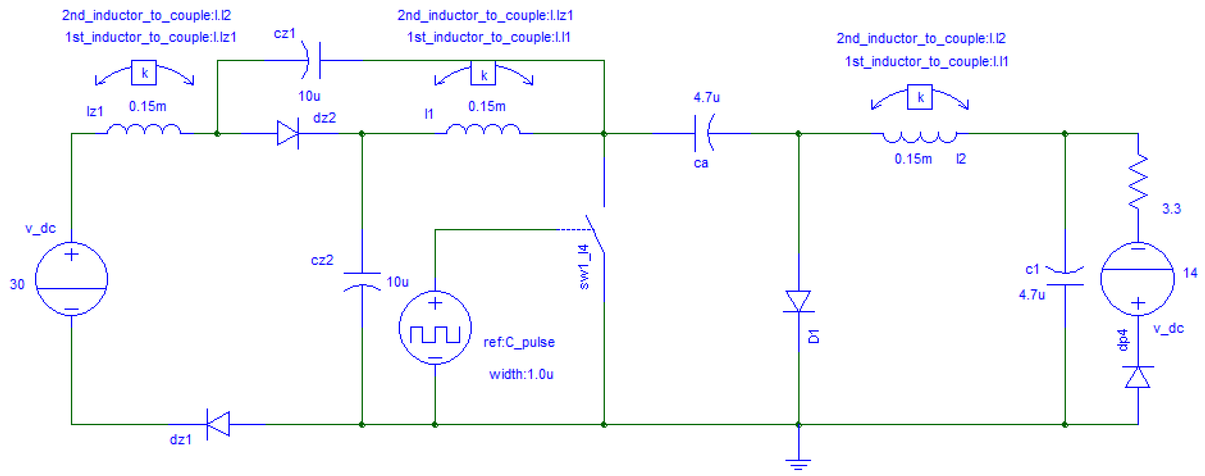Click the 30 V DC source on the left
click(x=72, y=279)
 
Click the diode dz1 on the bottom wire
click(x=218, y=424)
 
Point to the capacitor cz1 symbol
click(x=314, y=60)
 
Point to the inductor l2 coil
click(x=920, y=137)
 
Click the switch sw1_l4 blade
click(x=595, y=234)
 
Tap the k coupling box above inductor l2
click(x=920, y=97)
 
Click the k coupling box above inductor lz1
click(x=144, y=73)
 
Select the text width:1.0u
click(x=521, y=374)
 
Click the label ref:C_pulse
click(x=519, y=342)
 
